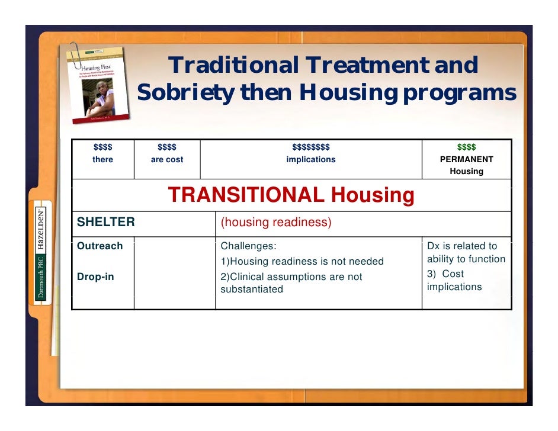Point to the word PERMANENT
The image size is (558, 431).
[x=466, y=159]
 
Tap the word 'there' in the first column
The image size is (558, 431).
[x=102, y=159]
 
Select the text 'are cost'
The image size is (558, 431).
[x=166, y=159]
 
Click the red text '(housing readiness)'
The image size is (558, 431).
[x=275, y=223]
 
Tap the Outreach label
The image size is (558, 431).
[x=100, y=246]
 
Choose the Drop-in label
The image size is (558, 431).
[x=95, y=276]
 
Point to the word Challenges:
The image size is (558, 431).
[x=248, y=246]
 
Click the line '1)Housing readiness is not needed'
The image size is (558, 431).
[x=302, y=261]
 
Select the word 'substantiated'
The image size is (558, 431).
[x=251, y=290]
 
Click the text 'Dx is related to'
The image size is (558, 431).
[x=461, y=246]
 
